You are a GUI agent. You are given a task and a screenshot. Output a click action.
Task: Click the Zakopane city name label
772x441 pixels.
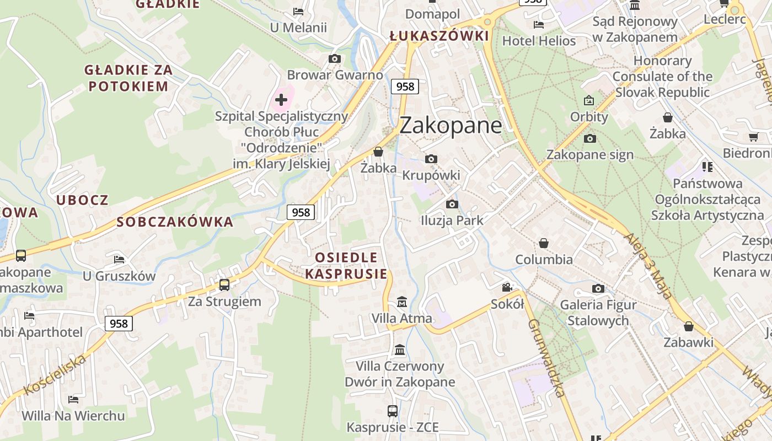451,126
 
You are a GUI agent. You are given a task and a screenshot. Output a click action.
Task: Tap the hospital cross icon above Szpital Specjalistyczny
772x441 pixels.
281,100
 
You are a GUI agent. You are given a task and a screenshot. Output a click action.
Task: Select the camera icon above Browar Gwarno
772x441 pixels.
334,58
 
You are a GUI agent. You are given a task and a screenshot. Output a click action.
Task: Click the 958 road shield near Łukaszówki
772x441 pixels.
405,87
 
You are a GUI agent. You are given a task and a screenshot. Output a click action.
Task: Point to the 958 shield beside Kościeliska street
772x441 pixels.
119,324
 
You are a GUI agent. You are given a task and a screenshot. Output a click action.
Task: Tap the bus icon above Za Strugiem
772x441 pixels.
224,285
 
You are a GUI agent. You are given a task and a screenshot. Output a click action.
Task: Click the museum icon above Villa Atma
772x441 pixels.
402,302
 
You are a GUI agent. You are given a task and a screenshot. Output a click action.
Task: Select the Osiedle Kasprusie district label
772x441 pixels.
346,266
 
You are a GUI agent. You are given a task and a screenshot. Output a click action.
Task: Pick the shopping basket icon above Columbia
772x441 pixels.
544,243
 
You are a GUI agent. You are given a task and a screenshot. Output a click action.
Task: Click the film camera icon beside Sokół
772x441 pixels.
507,287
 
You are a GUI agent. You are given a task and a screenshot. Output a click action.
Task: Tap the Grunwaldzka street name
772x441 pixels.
546,358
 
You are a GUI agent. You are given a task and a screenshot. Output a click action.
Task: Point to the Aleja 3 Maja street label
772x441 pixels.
648,266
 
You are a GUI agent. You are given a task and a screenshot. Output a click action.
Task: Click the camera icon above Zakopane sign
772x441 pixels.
589,138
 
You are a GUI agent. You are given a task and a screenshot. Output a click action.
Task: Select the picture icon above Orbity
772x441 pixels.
589,100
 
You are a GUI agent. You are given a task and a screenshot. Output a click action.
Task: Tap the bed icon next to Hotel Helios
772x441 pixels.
539,25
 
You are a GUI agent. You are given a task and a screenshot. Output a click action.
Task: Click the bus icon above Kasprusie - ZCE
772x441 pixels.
392,411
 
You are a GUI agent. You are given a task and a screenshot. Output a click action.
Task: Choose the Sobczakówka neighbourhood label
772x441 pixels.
175,222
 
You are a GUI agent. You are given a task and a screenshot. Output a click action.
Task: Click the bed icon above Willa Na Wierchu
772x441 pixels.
73,399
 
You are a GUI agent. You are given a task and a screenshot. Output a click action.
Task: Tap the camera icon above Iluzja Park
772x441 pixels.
452,205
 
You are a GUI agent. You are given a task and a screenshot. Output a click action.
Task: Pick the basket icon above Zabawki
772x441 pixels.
688,326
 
